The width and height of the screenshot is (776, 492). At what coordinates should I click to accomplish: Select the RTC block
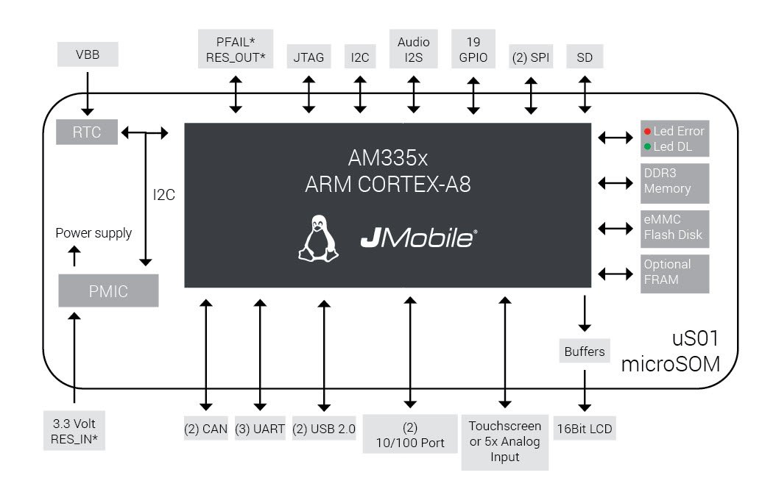pos(87,132)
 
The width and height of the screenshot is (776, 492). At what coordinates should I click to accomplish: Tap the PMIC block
pos(108,291)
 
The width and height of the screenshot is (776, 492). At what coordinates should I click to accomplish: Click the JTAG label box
pos(308,57)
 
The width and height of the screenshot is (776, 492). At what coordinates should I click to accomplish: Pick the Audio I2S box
pos(413,49)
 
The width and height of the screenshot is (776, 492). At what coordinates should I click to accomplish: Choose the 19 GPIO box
pos(473,49)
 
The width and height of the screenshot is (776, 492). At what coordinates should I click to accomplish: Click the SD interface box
pos(585,57)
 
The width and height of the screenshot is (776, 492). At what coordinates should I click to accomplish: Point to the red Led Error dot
pos(647,132)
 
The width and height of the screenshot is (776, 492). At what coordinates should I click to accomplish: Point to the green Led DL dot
pos(647,146)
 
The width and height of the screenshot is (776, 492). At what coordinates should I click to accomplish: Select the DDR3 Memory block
pos(674,182)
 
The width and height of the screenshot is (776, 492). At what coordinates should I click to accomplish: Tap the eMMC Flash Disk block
pos(674,228)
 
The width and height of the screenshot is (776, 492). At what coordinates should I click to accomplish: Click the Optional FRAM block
pos(674,273)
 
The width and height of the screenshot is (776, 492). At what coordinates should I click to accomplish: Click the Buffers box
pos(585,352)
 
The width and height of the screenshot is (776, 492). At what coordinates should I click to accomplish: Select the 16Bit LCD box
pos(585,429)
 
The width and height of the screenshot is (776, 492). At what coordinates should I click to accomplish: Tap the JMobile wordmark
pos(418,238)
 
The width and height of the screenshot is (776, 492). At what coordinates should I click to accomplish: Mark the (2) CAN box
pos(206,429)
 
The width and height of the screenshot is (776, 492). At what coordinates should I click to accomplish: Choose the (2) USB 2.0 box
pos(323,429)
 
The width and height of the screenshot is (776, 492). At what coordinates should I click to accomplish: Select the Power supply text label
pos(94,233)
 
